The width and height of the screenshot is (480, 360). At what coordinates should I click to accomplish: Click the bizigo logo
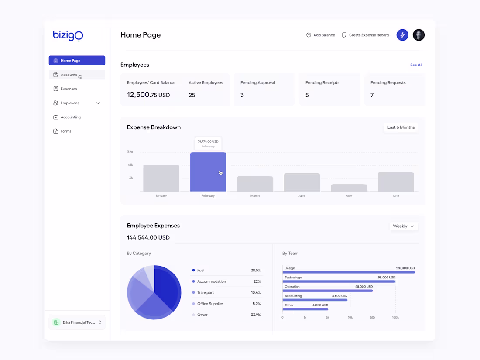coord(68,35)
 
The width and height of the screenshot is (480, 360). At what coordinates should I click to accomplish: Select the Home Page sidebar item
coord(77,61)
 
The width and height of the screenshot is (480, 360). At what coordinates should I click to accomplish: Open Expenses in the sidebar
coord(69,89)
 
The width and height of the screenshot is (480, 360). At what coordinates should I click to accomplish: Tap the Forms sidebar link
coord(65,131)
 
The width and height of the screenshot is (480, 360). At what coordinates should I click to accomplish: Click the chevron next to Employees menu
coord(98,103)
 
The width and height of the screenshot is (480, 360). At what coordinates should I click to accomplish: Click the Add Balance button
coord(321,35)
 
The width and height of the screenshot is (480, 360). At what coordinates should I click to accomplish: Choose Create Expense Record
coord(365,35)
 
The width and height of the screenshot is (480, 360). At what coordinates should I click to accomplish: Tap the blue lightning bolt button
coord(402,35)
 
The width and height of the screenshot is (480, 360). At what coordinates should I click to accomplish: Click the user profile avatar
coord(418,35)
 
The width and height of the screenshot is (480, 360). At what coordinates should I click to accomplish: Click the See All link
coord(416,65)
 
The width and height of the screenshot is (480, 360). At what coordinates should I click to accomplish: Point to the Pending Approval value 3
coord(242,95)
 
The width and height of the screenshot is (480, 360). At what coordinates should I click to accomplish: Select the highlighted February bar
coord(208,172)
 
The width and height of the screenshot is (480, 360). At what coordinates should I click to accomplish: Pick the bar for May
coord(349,188)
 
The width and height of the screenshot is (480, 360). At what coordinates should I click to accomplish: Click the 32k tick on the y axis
coord(130,152)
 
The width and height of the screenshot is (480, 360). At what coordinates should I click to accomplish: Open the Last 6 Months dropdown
coord(401,127)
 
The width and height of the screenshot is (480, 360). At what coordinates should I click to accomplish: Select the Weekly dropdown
coord(403,226)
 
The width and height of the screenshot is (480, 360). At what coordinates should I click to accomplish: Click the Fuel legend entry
coord(201,271)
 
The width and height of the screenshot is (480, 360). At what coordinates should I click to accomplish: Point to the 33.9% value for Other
coord(256,315)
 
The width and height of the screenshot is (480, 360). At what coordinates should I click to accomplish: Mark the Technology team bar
coord(339,281)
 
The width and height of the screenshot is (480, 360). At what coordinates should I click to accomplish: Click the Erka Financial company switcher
coord(77,322)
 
